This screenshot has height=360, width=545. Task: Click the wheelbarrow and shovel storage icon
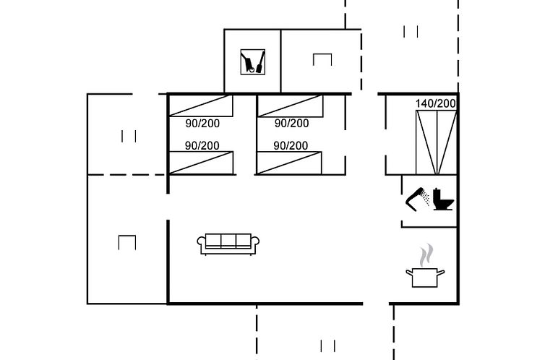(x=253, y=62)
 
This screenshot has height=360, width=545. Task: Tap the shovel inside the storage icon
(x=260, y=63)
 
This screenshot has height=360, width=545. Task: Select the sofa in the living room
(x=228, y=244)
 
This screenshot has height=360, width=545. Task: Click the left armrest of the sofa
(x=201, y=243)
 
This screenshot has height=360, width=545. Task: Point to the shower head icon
(x=418, y=199)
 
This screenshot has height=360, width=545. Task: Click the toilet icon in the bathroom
(x=443, y=199)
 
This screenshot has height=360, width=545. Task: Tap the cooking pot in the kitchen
(x=425, y=278)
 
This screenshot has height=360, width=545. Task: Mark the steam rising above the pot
(x=426, y=255)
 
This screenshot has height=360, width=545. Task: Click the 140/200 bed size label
(x=436, y=103)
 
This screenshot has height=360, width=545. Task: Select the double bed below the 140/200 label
(x=436, y=142)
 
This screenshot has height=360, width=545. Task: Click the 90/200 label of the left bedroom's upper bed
(x=202, y=124)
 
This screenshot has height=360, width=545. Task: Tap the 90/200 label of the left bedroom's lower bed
(x=202, y=145)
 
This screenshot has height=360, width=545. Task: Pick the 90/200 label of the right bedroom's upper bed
(x=291, y=124)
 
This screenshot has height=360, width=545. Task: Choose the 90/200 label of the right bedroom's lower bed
(x=291, y=145)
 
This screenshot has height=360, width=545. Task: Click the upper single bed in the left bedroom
(x=201, y=106)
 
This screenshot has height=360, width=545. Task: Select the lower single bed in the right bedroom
(x=289, y=163)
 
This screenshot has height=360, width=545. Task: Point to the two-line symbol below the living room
(x=327, y=346)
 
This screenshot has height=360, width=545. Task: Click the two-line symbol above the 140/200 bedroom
(x=411, y=32)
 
